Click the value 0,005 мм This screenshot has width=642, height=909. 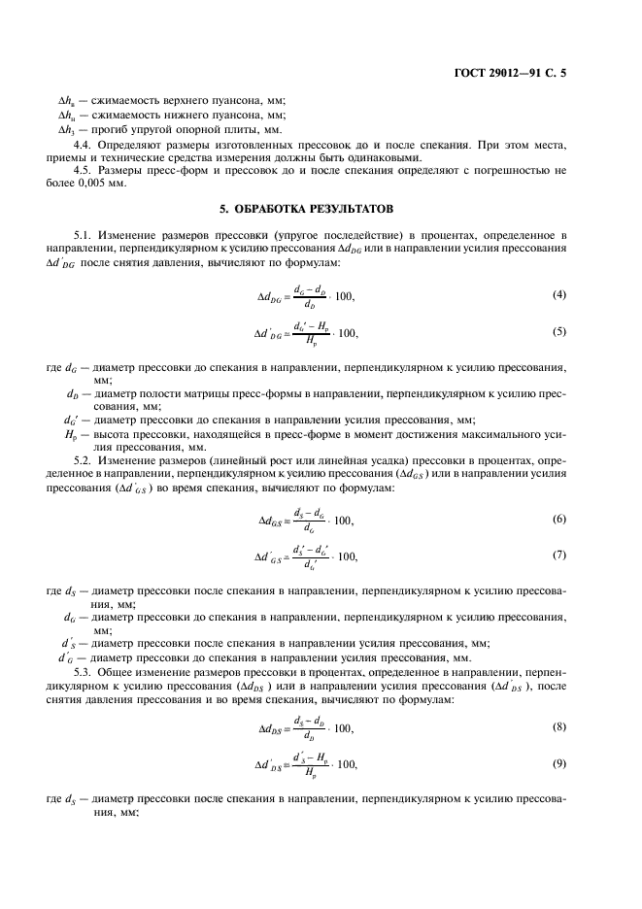pyautogui.click(x=106, y=185)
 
